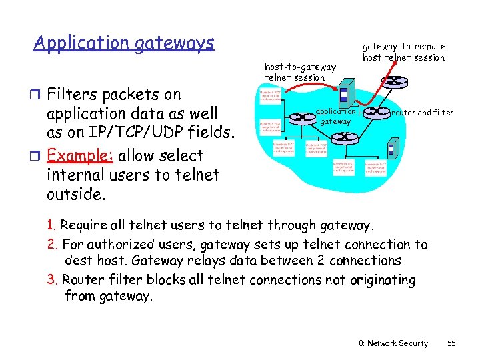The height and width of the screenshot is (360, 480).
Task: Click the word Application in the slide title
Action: coord(81,44)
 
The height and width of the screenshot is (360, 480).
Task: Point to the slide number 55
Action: coord(451,343)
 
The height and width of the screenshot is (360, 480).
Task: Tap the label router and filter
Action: coord(423,113)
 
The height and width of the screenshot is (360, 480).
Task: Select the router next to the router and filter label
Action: coord(378,113)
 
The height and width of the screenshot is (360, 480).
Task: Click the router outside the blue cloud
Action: coord(395,82)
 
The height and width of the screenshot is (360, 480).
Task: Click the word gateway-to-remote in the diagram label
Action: coord(403,47)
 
